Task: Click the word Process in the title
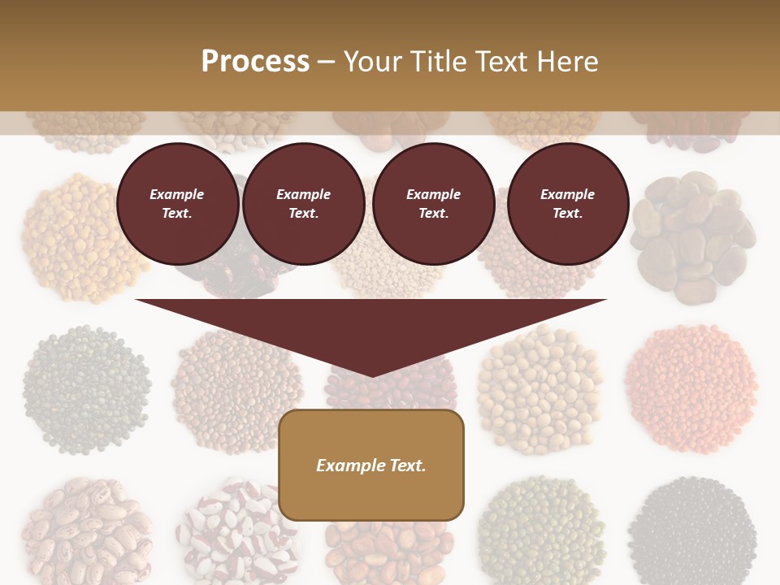255,61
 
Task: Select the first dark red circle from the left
177,204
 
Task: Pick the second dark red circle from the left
303,204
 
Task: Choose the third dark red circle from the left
433,204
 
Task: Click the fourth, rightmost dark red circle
567,204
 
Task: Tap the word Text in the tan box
403,466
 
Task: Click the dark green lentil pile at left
86,388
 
